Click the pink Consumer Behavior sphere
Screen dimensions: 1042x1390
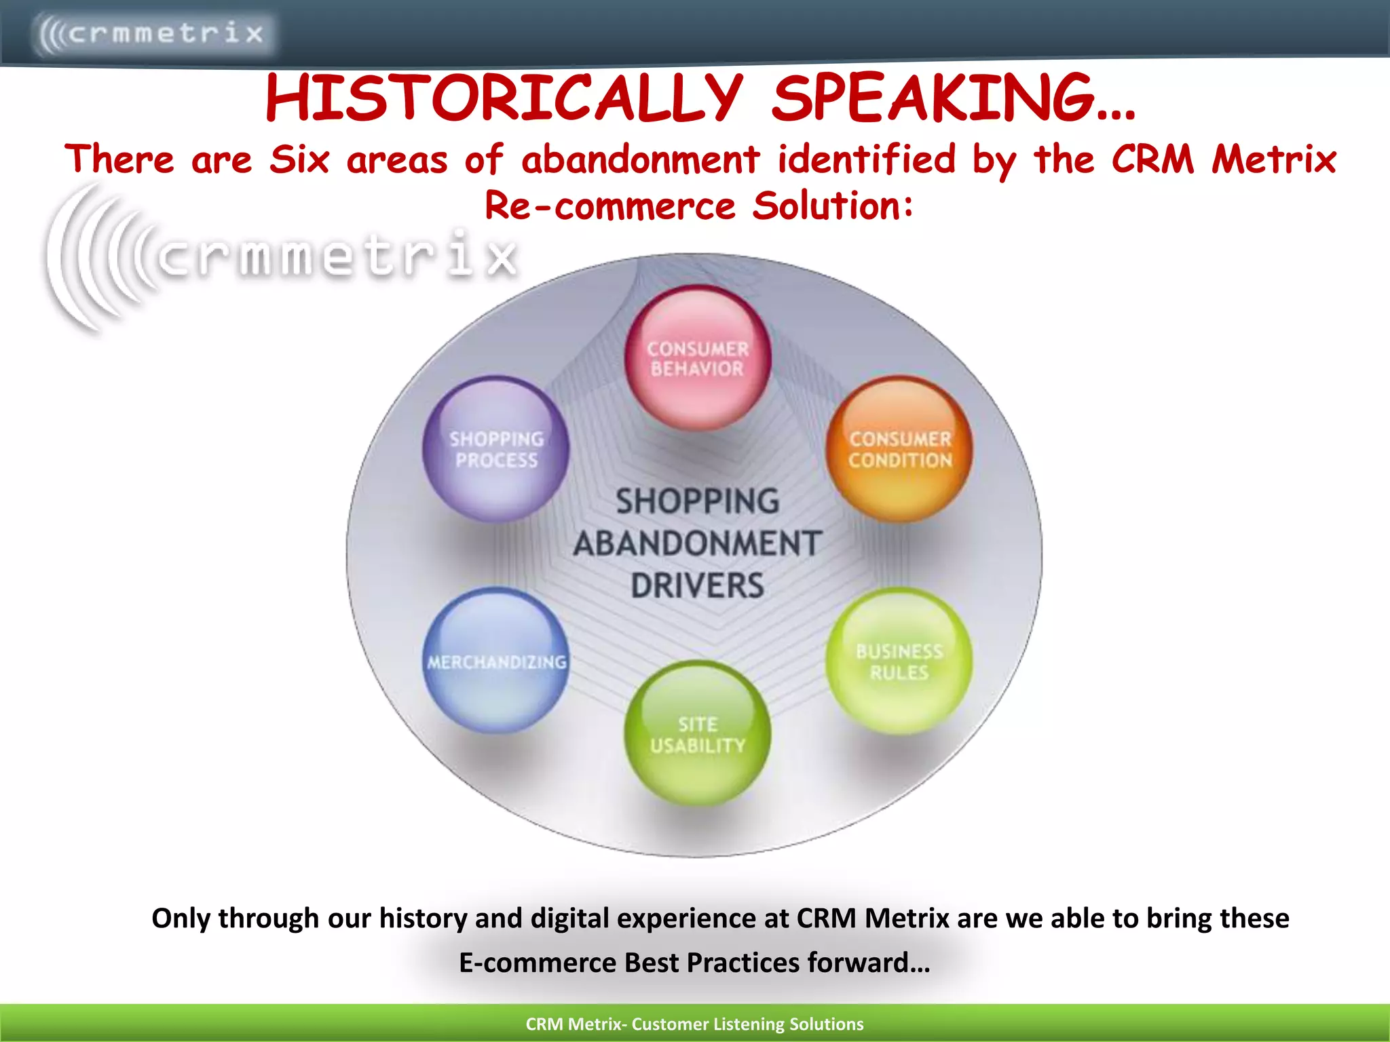click(698, 358)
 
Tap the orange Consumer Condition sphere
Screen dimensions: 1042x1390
click(899, 449)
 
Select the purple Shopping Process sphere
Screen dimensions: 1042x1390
click(496, 449)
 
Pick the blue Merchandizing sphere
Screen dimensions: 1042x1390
click(496, 661)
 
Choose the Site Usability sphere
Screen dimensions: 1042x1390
click(698, 734)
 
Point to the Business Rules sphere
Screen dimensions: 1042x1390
click(899, 661)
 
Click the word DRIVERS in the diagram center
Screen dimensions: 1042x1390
click(698, 585)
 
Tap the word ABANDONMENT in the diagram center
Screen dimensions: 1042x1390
click(698, 543)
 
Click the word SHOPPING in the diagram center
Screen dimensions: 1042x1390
click(698, 501)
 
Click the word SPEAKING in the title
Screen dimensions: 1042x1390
click(953, 98)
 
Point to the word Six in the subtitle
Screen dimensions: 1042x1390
click(299, 160)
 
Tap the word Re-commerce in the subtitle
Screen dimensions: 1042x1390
click(609, 206)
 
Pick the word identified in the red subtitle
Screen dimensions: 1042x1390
click(867, 160)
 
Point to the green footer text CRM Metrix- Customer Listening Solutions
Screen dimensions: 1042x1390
click(694, 1024)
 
